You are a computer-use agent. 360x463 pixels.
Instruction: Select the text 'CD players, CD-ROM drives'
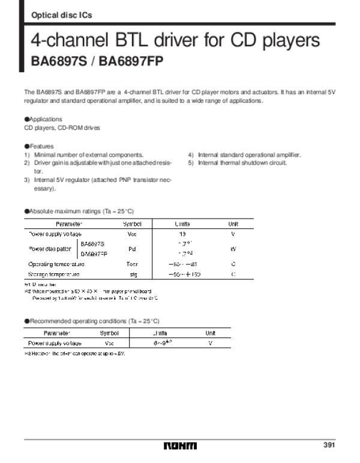tap(62, 129)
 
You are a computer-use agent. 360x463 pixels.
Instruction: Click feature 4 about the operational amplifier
tap(245, 155)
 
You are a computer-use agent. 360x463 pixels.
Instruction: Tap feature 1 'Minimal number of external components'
tap(83, 155)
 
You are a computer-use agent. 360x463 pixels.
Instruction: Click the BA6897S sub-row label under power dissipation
tap(92, 243)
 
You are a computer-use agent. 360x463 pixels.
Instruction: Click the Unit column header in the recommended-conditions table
tap(211, 333)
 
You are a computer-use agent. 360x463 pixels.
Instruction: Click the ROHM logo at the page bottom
tap(179, 446)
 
